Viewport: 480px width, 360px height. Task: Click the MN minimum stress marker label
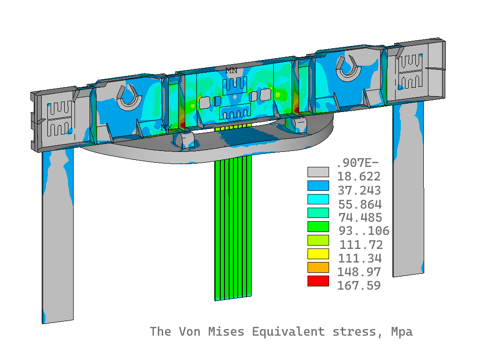click(x=232, y=70)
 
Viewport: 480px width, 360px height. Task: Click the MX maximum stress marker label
click(x=166, y=127)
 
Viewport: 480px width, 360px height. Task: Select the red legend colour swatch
click(x=318, y=281)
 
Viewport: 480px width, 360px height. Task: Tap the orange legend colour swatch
click(x=318, y=267)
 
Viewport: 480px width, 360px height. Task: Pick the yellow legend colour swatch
click(x=318, y=254)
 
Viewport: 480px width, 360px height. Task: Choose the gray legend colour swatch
click(x=318, y=172)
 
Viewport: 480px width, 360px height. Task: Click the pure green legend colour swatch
click(x=318, y=226)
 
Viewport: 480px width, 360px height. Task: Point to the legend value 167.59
click(x=359, y=285)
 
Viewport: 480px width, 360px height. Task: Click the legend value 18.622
click(x=359, y=176)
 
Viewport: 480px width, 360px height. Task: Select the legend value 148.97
click(x=359, y=272)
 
